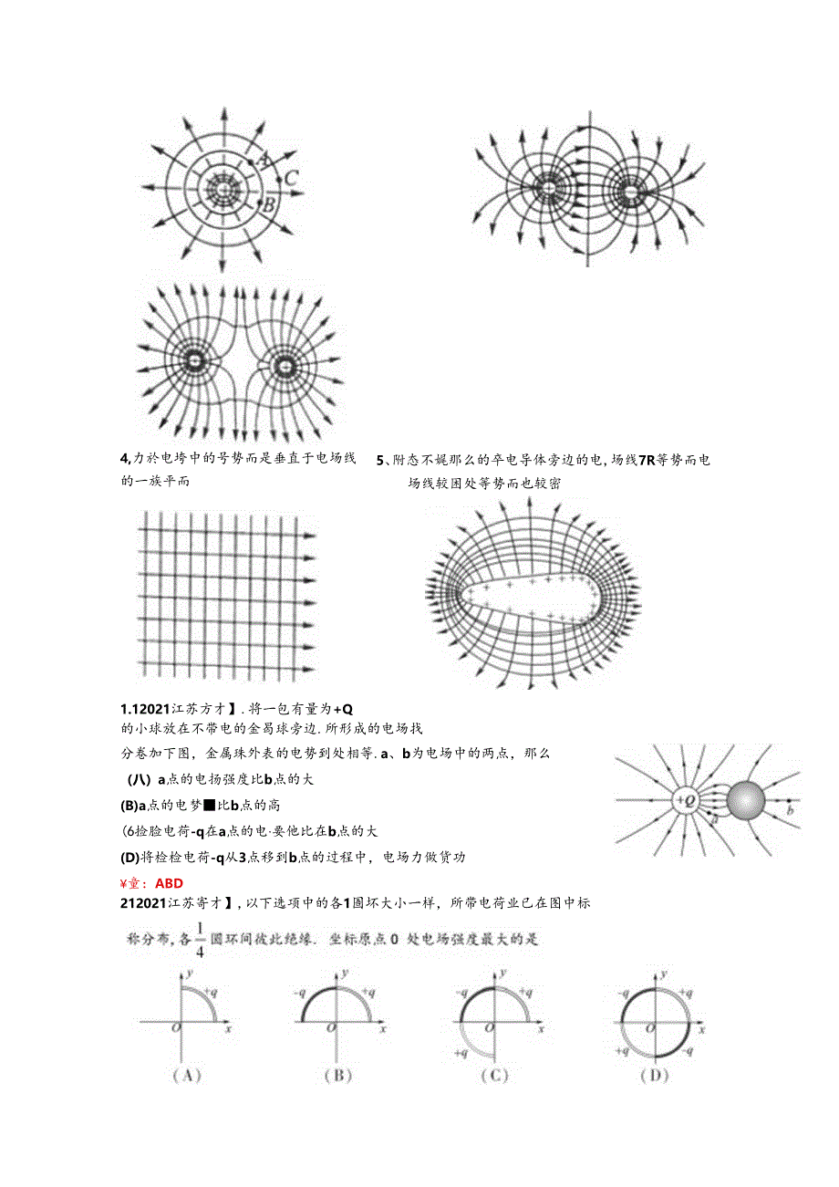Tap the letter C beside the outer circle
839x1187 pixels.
(290, 178)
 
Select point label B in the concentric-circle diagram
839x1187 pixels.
(268, 205)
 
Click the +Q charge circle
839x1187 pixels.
(685, 801)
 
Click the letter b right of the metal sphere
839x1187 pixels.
(790, 809)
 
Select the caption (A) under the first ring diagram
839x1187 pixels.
(187, 1075)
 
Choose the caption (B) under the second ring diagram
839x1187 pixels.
(337, 1075)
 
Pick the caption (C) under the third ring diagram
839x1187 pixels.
(493, 1075)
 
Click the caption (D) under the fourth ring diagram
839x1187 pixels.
(654, 1075)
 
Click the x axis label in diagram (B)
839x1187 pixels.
(384, 1028)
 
